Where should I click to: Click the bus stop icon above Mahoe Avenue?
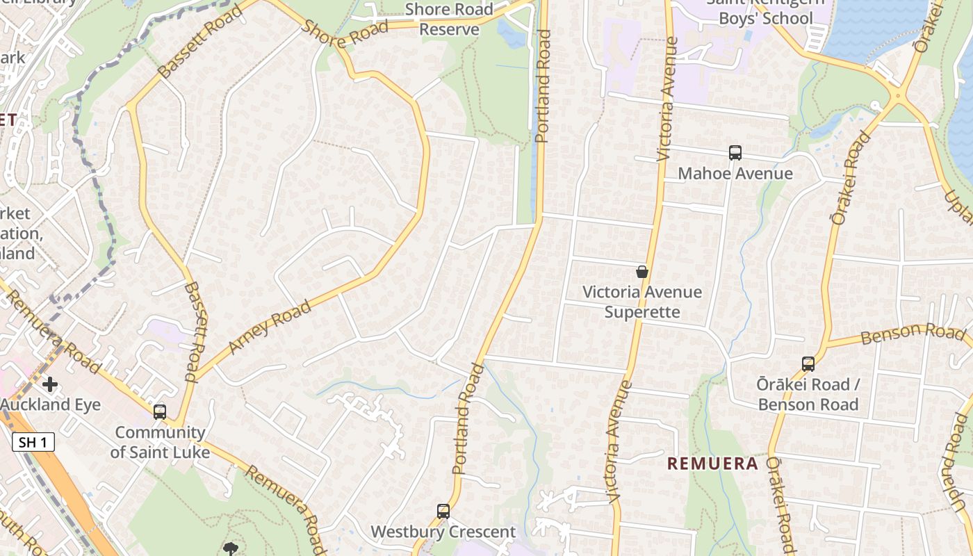coord(735,153)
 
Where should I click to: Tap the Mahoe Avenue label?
coord(735,173)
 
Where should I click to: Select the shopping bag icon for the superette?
coord(642,272)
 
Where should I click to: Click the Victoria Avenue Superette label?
coord(642,302)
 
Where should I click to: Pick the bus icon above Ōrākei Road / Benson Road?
coord(808,363)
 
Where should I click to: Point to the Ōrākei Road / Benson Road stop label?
coord(808,394)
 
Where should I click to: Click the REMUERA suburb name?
coord(712,464)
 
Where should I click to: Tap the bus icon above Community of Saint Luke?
coord(160,411)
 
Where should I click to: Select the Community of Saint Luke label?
coord(160,442)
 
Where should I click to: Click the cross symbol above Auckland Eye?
coord(49,384)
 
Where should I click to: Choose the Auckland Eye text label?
coord(50,404)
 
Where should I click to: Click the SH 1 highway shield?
coord(33,441)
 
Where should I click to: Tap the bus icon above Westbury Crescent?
coord(443,512)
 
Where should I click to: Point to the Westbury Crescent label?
coord(443,532)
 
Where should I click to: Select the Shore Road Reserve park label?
coord(449,19)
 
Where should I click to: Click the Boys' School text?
coord(765,18)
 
